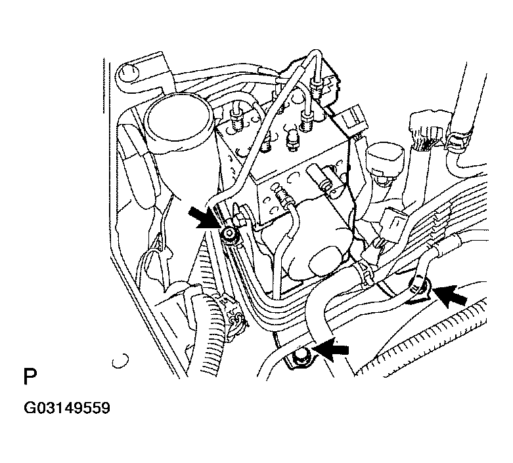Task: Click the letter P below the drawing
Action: coord(30,376)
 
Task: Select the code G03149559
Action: coord(67,408)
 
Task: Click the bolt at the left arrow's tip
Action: coord(229,234)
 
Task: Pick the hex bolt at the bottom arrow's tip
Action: coord(300,357)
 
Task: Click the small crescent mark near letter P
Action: coord(120,361)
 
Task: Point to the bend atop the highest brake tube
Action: coord(316,53)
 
